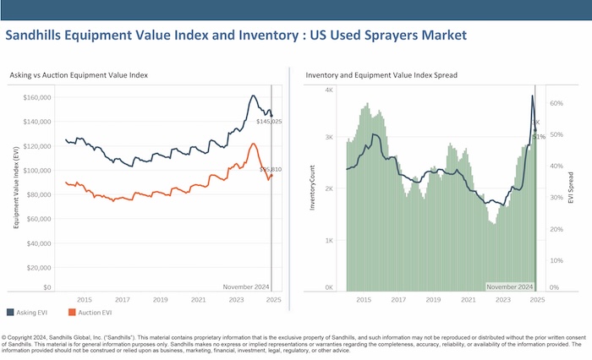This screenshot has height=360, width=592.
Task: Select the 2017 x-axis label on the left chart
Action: [122, 300]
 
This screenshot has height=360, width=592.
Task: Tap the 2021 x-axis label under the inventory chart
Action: [468, 300]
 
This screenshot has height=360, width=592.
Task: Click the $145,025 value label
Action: [269, 122]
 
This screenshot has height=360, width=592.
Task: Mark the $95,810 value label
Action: [270, 170]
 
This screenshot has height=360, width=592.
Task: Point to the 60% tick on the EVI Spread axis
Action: [556, 103]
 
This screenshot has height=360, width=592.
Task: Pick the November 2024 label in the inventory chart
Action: [509, 287]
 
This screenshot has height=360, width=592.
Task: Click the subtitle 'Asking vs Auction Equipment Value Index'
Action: [80, 75]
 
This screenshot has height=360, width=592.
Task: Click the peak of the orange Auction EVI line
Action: [253, 145]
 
